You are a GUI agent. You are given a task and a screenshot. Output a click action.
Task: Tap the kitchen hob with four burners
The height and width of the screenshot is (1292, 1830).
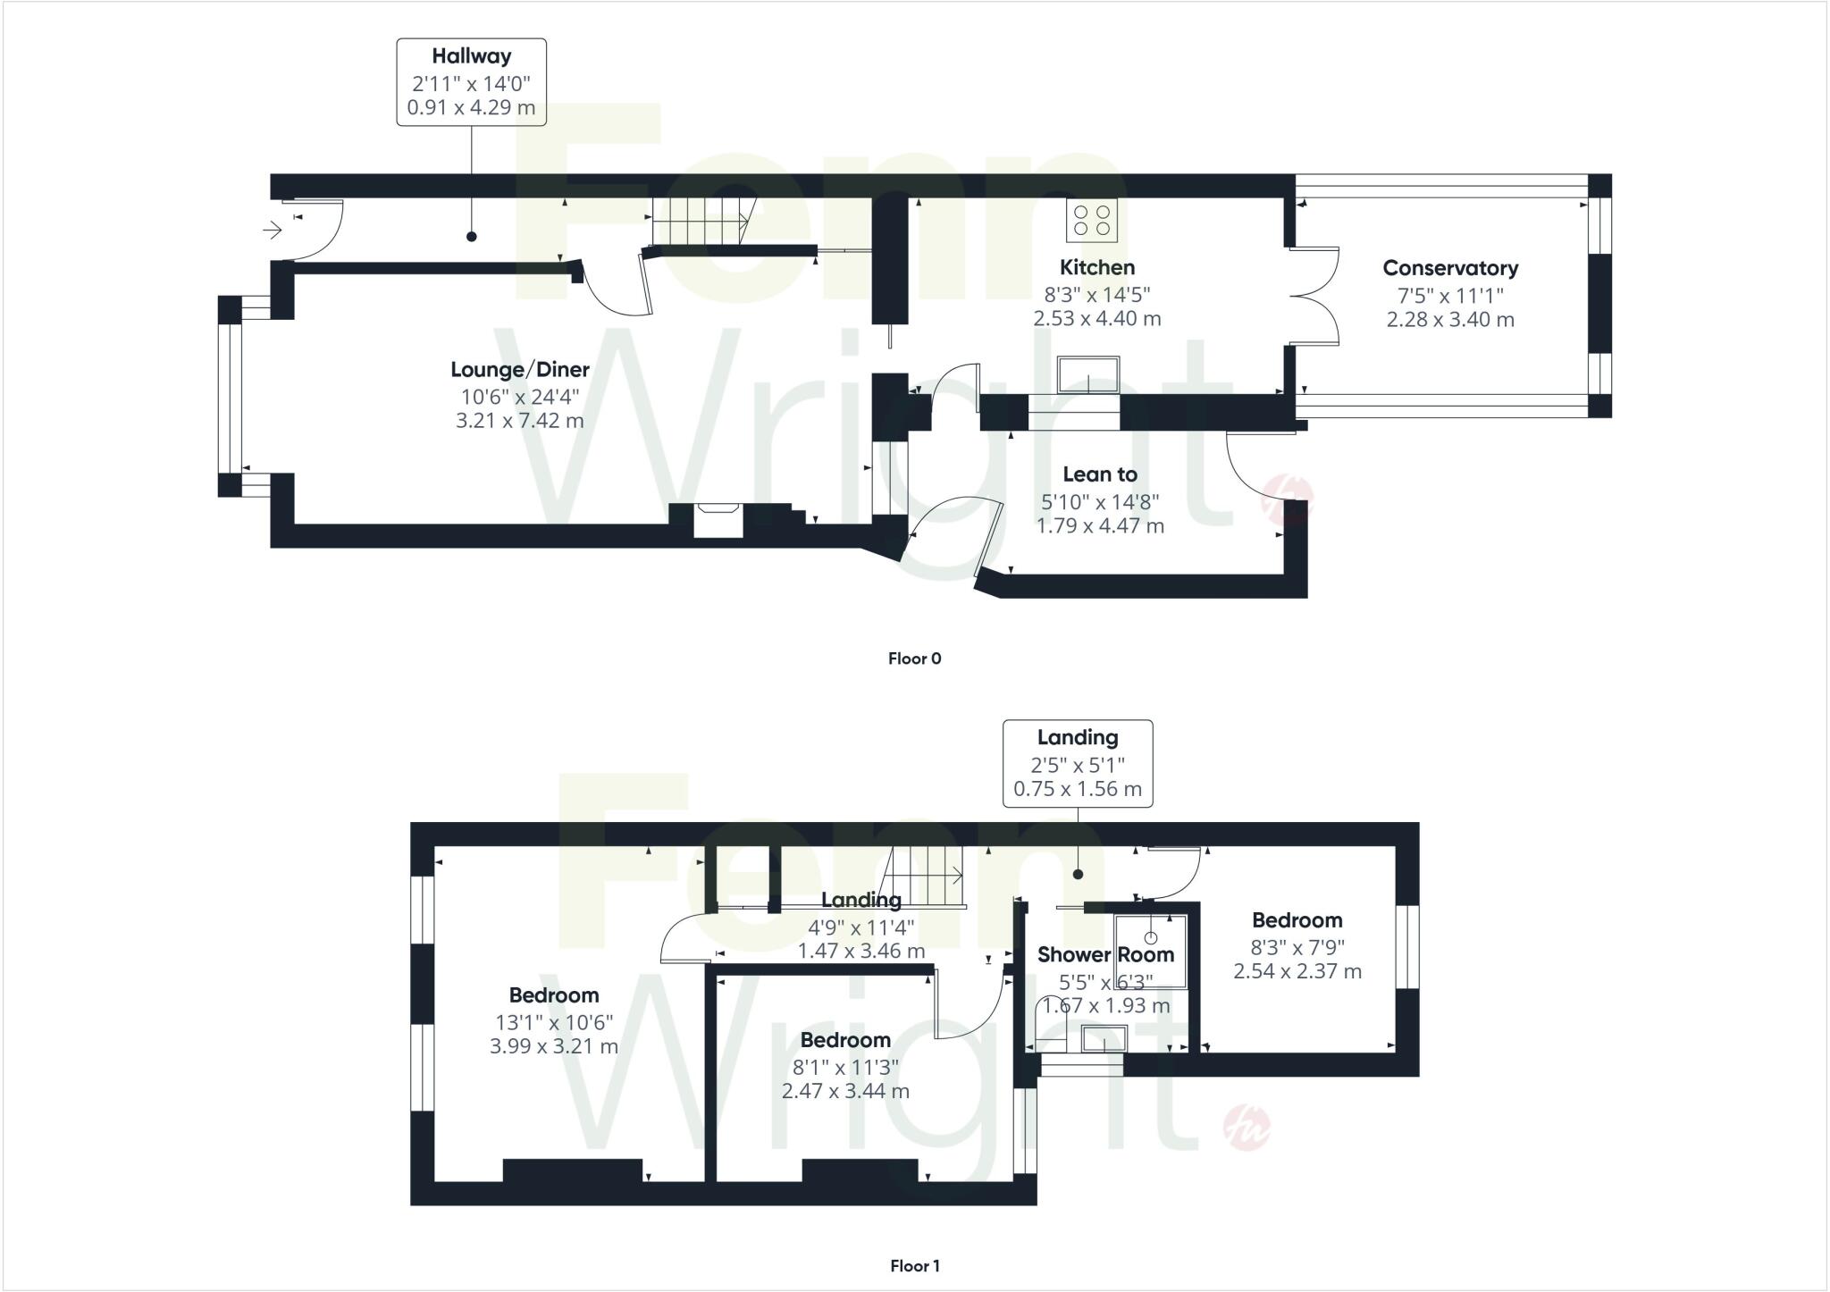[x=1092, y=220]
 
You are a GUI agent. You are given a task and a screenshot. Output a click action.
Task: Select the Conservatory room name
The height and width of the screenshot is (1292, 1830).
[x=1449, y=268]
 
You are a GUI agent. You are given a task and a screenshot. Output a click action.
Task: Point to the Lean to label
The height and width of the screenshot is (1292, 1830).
[x=1099, y=474]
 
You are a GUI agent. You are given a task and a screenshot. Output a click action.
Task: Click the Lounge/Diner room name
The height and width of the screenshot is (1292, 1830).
[x=519, y=370]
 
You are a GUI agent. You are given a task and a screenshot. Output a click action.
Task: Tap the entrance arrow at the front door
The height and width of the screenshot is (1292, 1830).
[x=273, y=231]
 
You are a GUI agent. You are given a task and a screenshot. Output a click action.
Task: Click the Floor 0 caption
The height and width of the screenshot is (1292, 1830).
[x=914, y=659]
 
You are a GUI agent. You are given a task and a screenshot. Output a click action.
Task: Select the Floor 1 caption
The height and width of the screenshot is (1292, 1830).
[x=914, y=1266]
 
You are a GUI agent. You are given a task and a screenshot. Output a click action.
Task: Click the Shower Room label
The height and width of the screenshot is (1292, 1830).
[x=1105, y=954]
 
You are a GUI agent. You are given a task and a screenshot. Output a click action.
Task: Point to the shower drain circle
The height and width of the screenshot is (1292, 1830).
[x=1151, y=938]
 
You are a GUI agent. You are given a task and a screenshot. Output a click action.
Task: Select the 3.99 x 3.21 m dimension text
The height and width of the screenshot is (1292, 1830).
[x=553, y=1046]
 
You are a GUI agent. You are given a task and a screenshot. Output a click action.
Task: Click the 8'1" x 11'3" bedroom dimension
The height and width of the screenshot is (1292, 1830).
[x=845, y=1067]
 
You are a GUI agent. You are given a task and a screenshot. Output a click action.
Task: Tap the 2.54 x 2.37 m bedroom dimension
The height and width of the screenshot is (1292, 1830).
[x=1297, y=971]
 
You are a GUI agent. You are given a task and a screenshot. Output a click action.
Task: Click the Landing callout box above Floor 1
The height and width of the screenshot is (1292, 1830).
[x=1078, y=763]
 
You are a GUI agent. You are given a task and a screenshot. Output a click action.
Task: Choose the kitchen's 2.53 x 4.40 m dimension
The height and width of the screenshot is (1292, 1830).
[x=1097, y=319]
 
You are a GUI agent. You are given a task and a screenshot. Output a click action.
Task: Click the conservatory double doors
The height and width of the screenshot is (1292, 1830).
[x=1314, y=296]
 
